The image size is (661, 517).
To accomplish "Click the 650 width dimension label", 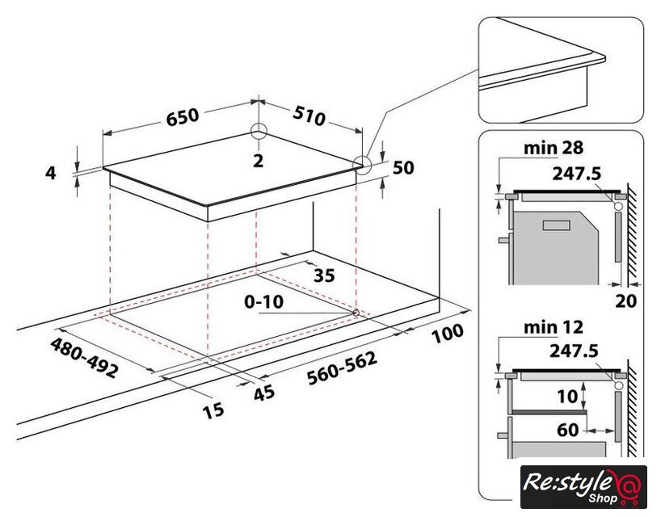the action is [x=182, y=116].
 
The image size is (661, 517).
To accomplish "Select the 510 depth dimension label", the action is [x=309, y=116].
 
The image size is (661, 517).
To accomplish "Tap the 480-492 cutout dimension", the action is [x=83, y=358].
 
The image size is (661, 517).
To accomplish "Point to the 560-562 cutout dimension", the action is [x=342, y=368].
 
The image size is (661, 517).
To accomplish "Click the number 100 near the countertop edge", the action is [x=448, y=333].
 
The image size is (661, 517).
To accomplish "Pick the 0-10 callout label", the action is [x=264, y=301].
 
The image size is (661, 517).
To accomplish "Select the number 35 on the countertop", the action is [x=324, y=275].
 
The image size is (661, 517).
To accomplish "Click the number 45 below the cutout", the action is [x=264, y=393].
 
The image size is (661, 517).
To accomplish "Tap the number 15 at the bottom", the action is [x=213, y=410].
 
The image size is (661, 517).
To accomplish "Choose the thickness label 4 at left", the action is [x=51, y=173].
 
